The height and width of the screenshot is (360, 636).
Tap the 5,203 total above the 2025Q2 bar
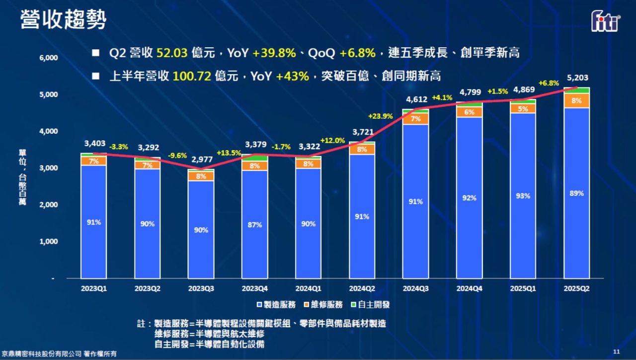(x=577, y=78)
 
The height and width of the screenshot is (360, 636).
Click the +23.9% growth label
(x=380, y=116)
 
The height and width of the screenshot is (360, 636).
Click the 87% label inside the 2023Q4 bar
(x=254, y=225)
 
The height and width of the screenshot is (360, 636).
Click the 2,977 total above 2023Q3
(x=201, y=160)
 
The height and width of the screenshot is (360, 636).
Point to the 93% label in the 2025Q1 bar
(x=523, y=196)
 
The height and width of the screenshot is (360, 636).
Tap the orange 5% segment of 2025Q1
(x=523, y=109)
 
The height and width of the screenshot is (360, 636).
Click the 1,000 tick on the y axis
(x=48, y=242)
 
